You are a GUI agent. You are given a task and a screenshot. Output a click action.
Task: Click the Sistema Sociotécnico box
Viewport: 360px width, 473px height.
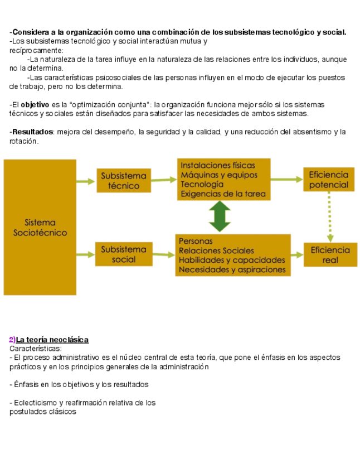pyautogui.click(x=40, y=227)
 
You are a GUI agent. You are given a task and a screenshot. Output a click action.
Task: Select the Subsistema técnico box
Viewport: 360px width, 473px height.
pyautogui.click(x=123, y=181)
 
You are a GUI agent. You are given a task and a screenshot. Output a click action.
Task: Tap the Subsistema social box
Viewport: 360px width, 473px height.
pyautogui.click(x=123, y=254)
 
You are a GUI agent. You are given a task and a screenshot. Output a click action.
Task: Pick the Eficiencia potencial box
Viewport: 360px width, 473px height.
pyautogui.click(x=329, y=180)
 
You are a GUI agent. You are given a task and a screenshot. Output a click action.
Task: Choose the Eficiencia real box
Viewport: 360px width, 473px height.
pyautogui.click(x=330, y=255)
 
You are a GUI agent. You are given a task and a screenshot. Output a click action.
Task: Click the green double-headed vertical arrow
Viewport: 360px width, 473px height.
pyautogui.click(x=221, y=216)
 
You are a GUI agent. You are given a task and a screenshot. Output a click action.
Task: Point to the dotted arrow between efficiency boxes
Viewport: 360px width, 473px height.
pyautogui.click(x=330, y=217)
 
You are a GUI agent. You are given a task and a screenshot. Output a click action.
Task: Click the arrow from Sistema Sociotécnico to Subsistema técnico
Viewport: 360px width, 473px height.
pyautogui.click(x=85, y=181)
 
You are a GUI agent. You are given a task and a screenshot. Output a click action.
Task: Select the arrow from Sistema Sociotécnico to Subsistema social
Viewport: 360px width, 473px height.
pyautogui.click(x=85, y=255)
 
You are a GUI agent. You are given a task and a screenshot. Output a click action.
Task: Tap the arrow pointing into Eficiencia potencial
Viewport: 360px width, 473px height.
pyautogui.click(x=286, y=180)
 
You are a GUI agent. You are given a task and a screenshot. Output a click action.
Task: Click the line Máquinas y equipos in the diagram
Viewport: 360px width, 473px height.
pyautogui.click(x=219, y=175)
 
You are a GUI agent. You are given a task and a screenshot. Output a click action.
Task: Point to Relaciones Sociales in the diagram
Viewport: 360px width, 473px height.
pyautogui.click(x=216, y=251)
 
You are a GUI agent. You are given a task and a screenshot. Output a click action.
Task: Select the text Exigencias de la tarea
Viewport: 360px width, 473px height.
pyautogui.click(x=223, y=194)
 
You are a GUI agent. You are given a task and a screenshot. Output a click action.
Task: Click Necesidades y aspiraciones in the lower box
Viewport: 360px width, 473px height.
pyautogui.click(x=232, y=270)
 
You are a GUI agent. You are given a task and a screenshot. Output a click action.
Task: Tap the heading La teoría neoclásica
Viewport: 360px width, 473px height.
pyautogui.click(x=52, y=340)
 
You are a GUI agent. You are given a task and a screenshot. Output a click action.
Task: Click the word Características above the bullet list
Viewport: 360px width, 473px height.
pyautogui.click(x=35, y=349)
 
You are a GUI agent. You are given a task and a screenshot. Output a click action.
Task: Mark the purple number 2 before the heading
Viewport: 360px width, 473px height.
pyautogui.click(x=12, y=340)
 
